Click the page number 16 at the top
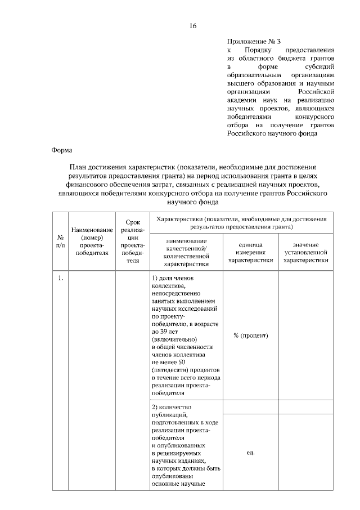click(x=193, y=26)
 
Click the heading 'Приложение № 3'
click(x=253, y=41)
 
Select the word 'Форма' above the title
click(x=61, y=150)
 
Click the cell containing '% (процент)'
click(x=250, y=335)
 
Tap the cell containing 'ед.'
click(x=250, y=452)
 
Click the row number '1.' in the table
click(x=60, y=278)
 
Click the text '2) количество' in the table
click(x=172, y=407)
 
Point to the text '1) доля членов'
click(x=173, y=278)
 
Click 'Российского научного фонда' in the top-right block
click(x=272, y=134)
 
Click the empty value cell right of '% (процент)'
click(x=305, y=335)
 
